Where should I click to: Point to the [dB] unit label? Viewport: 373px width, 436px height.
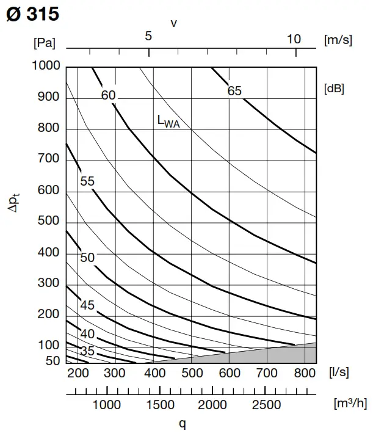click(x=333, y=88)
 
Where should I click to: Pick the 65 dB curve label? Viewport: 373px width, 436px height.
click(x=234, y=91)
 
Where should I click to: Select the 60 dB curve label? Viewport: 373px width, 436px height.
click(x=109, y=95)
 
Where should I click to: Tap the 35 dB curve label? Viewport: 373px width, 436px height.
click(x=87, y=351)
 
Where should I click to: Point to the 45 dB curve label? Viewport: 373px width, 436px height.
click(x=87, y=305)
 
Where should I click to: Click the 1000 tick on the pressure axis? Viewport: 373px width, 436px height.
click(x=46, y=66)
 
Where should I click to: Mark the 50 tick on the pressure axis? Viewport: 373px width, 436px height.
click(x=53, y=362)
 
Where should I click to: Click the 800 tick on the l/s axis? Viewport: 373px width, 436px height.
click(x=303, y=372)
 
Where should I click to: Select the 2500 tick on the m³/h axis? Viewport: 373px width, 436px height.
click(x=267, y=405)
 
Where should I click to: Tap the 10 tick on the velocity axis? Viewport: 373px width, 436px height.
click(x=294, y=39)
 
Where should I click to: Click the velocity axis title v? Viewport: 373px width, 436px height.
click(x=174, y=23)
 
